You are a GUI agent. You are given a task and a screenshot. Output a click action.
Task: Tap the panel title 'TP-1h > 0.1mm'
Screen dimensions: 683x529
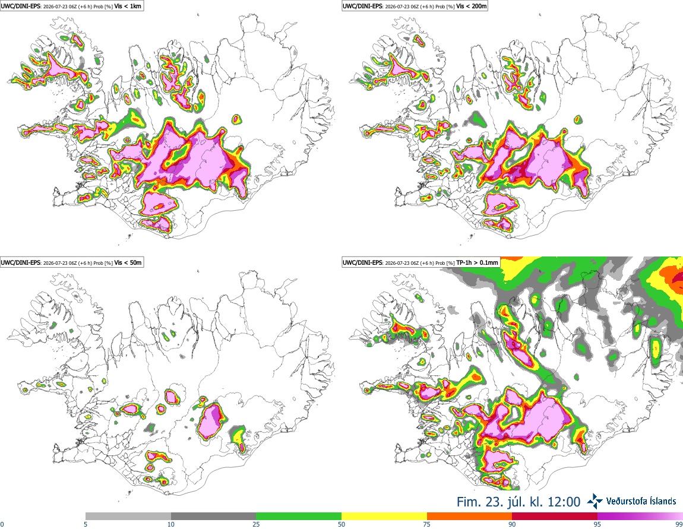click(477, 262)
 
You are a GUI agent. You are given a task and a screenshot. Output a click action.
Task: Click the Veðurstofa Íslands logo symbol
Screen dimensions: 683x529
click(595, 501)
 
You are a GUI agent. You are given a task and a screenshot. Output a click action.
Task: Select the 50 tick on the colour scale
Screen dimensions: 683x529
click(341, 524)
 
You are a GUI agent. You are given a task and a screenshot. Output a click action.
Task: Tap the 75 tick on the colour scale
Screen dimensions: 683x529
click(427, 524)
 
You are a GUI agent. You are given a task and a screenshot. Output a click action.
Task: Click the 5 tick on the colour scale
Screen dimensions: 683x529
click(86, 524)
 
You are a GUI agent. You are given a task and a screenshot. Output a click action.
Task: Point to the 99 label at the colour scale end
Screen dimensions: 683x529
click(679, 524)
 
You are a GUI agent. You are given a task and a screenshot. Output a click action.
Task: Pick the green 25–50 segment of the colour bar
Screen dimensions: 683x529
click(299, 517)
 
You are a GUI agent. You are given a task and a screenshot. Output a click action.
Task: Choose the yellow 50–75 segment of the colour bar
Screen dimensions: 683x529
click(384, 517)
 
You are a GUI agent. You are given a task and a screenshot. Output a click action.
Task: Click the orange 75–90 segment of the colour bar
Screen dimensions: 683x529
click(470, 517)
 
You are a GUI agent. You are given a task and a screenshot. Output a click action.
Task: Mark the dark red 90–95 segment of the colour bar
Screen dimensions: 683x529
click(555, 517)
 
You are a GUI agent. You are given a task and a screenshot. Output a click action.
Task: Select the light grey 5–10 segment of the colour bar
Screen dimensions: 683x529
click(128, 517)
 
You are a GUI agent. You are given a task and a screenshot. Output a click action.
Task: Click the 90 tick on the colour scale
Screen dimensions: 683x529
click(512, 524)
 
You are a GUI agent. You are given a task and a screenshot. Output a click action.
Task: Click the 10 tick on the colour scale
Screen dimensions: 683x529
click(171, 524)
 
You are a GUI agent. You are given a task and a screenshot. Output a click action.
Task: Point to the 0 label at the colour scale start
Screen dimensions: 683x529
click(2, 524)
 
